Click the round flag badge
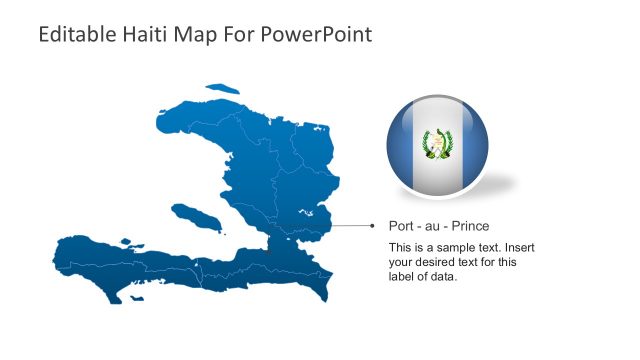437,146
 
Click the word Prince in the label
471,226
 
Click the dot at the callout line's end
376,226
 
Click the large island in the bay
195,216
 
